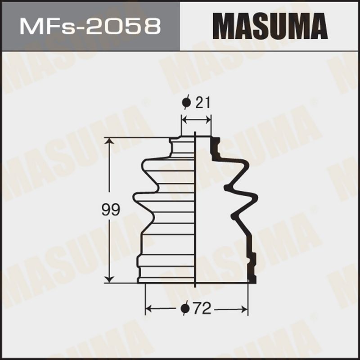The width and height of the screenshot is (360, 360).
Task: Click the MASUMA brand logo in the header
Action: point(270,26)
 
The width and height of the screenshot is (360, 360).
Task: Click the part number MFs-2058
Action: point(90,27)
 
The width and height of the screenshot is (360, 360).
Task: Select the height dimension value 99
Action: point(111,210)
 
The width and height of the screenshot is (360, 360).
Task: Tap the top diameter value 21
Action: point(203,103)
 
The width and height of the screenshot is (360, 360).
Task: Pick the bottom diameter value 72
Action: point(202,308)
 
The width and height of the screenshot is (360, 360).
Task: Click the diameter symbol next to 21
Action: point(186,103)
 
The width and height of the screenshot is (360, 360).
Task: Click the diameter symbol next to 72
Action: point(185,308)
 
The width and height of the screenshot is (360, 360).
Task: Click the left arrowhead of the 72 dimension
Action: point(149,309)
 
